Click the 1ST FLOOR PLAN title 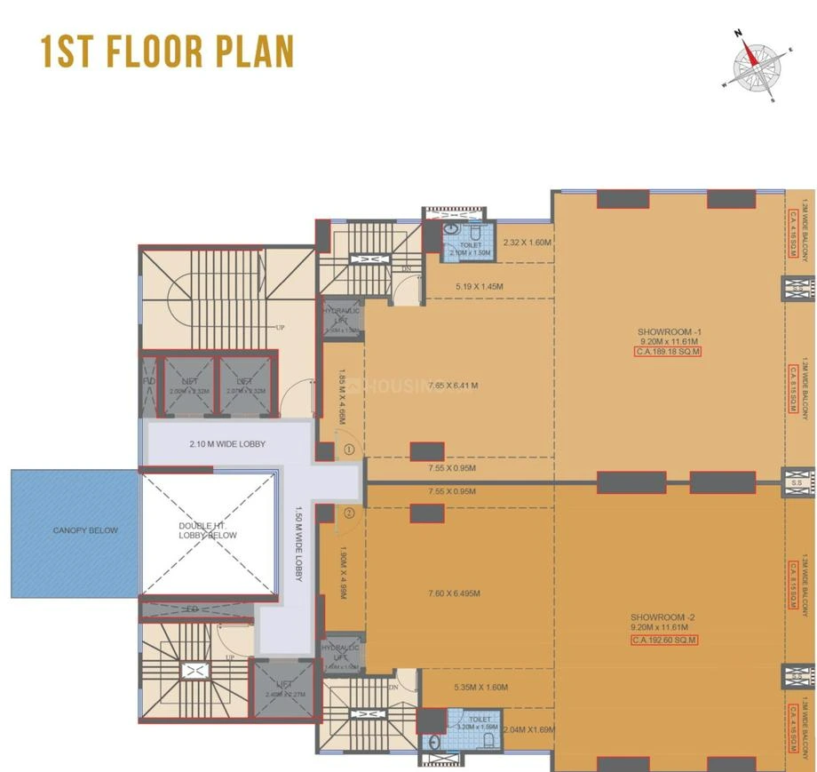tap(167, 52)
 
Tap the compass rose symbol tap(754, 65)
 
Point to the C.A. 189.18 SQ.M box tap(669, 352)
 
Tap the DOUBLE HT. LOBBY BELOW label tap(208, 530)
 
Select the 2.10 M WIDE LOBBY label tap(226, 444)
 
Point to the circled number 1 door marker tap(349, 450)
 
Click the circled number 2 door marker tap(349, 513)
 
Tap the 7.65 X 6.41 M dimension tap(452, 386)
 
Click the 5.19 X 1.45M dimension tap(479, 287)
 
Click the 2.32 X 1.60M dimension tap(527, 242)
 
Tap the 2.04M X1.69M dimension tap(528, 730)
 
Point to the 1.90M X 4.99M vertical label tap(342, 578)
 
